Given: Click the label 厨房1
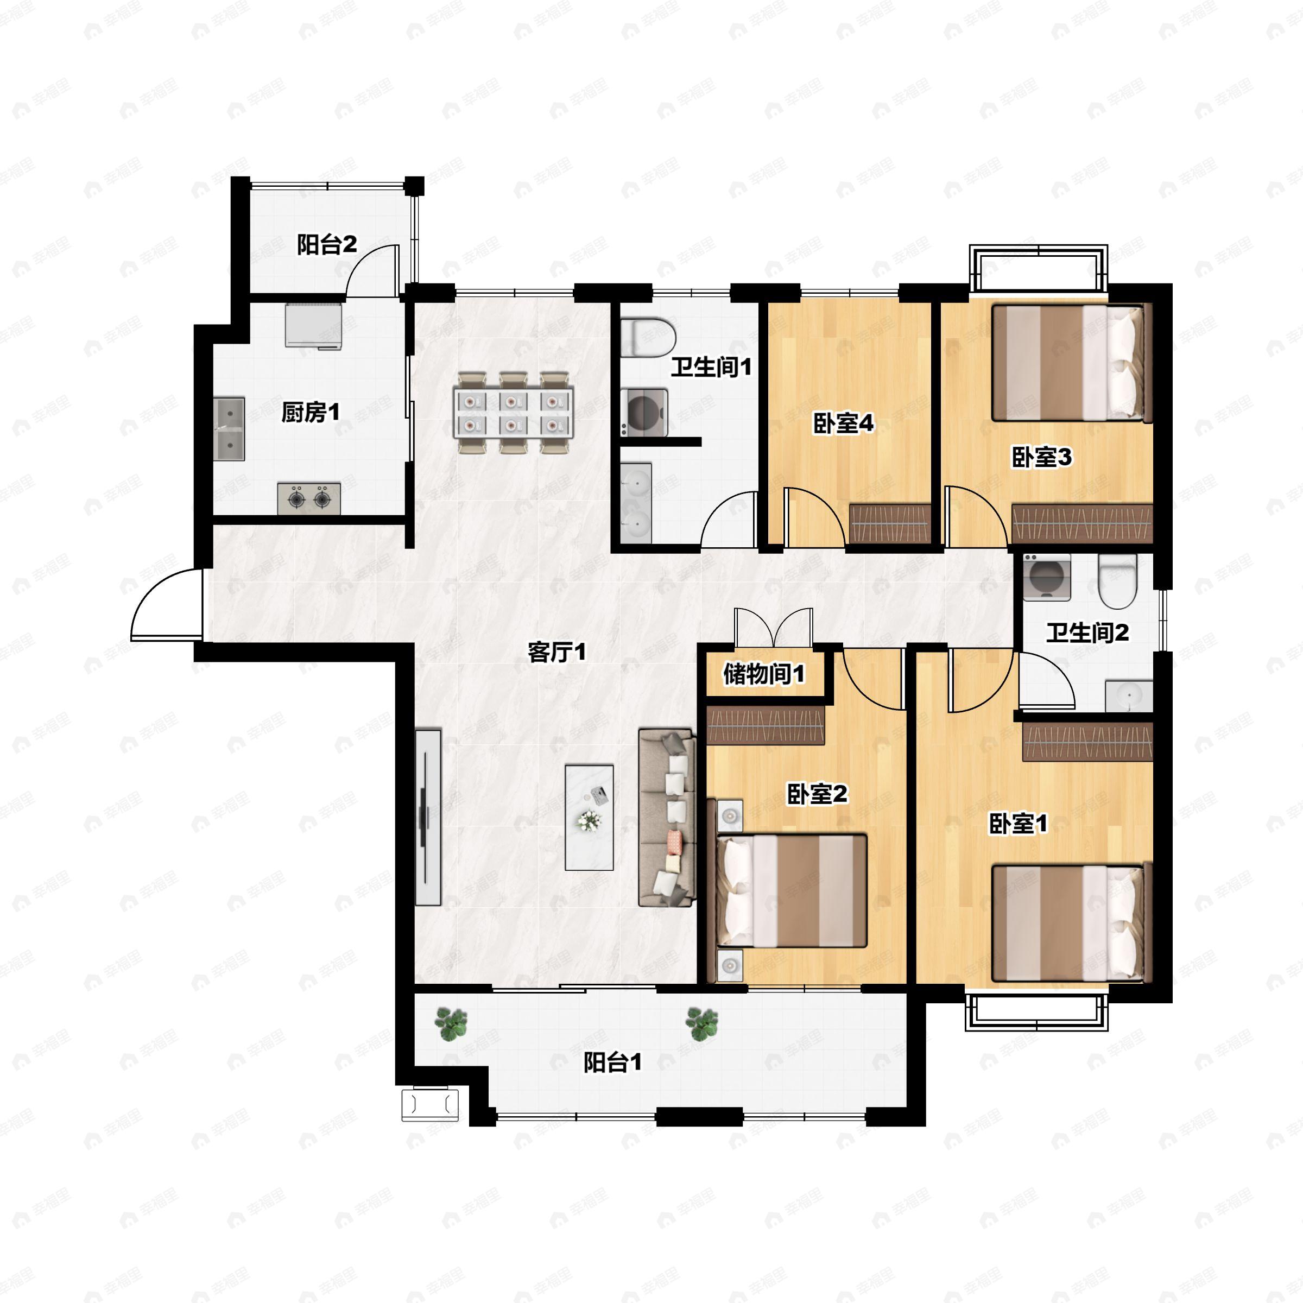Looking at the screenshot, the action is click(310, 412).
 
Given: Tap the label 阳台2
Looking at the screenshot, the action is click(327, 245).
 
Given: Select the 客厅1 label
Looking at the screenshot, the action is click(557, 652).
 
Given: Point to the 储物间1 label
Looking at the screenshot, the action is click(764, 674).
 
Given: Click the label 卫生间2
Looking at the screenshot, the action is click(1087, 632).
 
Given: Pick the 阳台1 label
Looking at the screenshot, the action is click(613, 1064).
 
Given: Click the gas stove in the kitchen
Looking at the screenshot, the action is click(309, 499).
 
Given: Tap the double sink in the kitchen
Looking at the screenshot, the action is click(229, 429).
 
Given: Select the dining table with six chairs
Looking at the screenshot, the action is click(513, 413).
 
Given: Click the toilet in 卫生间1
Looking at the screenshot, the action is click(648, 337).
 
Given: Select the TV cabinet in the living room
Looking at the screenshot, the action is click(428, 817).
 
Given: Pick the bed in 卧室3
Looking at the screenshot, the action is click(1069, 364).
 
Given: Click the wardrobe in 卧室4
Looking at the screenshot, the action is click(890, 524).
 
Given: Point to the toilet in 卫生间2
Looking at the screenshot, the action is click(1117, 581).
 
